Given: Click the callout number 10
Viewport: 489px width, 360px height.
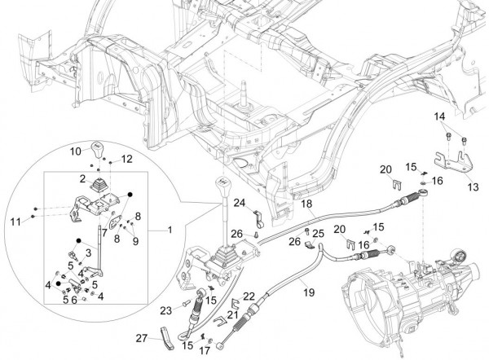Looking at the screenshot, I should pyautogui.click(x=74, y=151).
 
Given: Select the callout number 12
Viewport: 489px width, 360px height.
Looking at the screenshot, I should pyautogui.click(x=126, y=158).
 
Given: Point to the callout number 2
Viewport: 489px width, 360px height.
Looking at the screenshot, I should pyautogui.click(x=82, y=178).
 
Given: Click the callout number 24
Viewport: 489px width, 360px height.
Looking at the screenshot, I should pyautogui.click(x=240, y=202).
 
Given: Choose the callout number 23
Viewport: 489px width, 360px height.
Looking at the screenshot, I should pyautogui.click(x=165, y=309).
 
